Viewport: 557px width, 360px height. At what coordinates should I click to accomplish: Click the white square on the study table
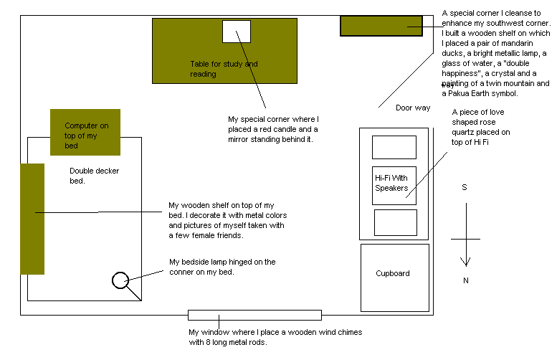coord(237,32)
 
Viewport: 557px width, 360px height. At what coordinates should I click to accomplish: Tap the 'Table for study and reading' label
coord(224,69)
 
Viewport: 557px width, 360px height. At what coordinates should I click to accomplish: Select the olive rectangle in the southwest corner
coord(381,26)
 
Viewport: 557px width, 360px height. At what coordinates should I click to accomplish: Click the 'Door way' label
coord(412,108)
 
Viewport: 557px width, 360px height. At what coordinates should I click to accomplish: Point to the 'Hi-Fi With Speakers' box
coord(394,183)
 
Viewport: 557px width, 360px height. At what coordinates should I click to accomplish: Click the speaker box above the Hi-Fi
coord(394,147)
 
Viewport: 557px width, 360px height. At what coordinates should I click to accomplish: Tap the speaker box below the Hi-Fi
coord(395,222)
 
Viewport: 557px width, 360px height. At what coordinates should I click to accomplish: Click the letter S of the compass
coord(465,188)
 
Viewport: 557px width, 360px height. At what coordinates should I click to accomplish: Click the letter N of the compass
coord(465,280)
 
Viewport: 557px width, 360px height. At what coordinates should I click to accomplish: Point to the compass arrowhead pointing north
coord(466,262)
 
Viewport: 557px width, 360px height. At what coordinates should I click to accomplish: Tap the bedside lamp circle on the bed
coord(120,280)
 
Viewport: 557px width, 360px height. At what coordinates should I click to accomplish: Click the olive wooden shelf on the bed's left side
coord(32,219)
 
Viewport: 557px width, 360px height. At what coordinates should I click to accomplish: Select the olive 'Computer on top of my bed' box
coord(85,132)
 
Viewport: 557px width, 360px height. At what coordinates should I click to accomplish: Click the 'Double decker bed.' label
coord(94,176)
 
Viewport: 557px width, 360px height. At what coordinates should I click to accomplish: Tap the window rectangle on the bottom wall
coord(254,315)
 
